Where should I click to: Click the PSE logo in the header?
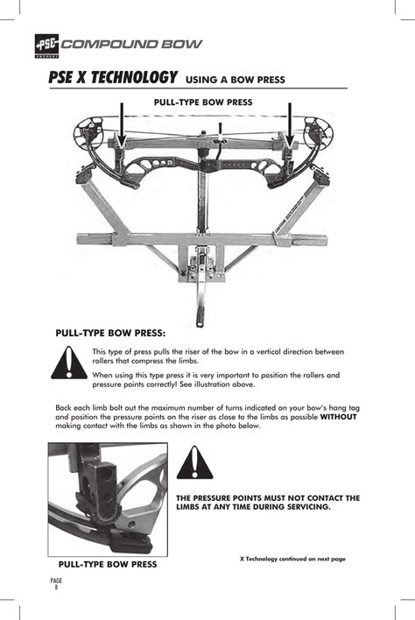click(x=47, y=46)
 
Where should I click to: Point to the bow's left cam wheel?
click(x=86, y=133)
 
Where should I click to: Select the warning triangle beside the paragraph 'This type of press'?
click(x=69, y=363)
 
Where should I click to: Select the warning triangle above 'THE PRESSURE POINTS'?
click(x=194, y=462)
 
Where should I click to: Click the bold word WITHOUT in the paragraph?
click(x=338, y=417)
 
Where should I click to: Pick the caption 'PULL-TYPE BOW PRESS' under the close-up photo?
click(x=108, y=564)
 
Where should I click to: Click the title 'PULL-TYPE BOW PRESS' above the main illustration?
click(x=203, y=102)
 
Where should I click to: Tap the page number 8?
click(x=56, y=588)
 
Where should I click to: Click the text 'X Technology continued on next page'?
click(x=292, y=559)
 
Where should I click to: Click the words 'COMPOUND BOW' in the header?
click(x=131, y=44)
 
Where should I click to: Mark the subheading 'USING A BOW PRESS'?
click(x=236, y=80)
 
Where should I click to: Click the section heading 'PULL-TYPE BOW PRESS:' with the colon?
click(x=110, y=333)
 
